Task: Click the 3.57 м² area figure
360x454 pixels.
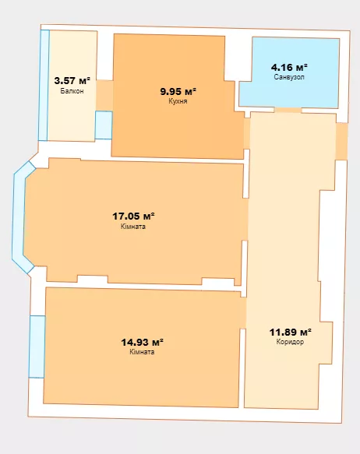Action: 72,80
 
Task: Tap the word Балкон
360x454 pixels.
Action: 72,91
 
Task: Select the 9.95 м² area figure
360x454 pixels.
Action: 178,91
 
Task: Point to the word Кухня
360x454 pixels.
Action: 178,101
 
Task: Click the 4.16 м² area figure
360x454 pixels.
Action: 289,67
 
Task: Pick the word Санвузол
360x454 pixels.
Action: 289,77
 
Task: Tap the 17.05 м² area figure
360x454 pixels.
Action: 133,216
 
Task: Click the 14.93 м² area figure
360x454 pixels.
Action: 142,342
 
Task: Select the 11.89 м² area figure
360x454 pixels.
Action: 290,332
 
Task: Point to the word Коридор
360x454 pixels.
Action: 290,342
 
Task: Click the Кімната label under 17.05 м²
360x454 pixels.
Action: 133,227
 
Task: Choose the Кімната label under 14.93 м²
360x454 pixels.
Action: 142,352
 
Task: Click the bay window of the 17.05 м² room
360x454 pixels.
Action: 19,217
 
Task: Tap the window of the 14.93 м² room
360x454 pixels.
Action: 37,347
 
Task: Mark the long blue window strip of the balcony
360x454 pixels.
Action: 44,86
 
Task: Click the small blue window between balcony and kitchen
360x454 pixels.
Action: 104,125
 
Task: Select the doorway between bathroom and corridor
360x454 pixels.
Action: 288,110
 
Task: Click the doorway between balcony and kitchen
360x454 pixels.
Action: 104,95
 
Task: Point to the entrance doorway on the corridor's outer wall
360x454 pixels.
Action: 341,141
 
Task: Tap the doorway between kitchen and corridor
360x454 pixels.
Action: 247,133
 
